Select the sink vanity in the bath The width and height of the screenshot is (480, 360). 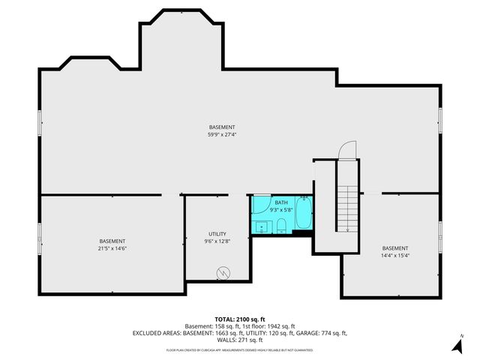tap(262, 226)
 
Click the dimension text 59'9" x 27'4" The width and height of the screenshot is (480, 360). tap(222, 135)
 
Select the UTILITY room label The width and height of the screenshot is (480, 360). tap(217, 234)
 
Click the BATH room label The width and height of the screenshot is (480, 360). tap(280, 202)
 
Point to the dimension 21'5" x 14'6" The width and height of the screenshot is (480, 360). tap(112, 248)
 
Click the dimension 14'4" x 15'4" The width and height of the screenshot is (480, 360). tap(395, 255)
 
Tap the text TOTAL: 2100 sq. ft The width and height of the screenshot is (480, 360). tap(239, 319)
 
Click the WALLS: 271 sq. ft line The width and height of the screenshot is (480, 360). tap(239, 339)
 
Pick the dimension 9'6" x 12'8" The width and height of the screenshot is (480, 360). tap(217, 241)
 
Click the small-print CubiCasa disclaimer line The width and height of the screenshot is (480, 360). tap(239, 349)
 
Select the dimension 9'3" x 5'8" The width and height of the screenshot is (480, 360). tap(280, 210)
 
